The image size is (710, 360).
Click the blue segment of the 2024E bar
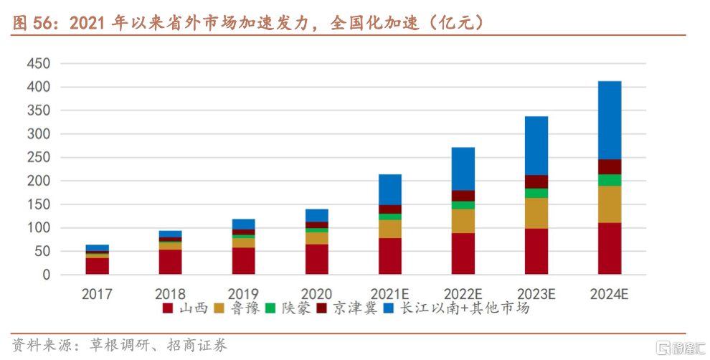[610, 120]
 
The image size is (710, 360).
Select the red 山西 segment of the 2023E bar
[536, 251]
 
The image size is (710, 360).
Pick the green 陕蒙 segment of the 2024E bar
[610, 180]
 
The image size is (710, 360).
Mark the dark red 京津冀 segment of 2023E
[536, 181]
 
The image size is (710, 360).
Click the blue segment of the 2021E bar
[390, 189]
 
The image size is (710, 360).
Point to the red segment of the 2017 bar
[97, 266]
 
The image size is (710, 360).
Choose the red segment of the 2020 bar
[317, 259]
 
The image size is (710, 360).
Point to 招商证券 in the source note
[201, 346]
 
